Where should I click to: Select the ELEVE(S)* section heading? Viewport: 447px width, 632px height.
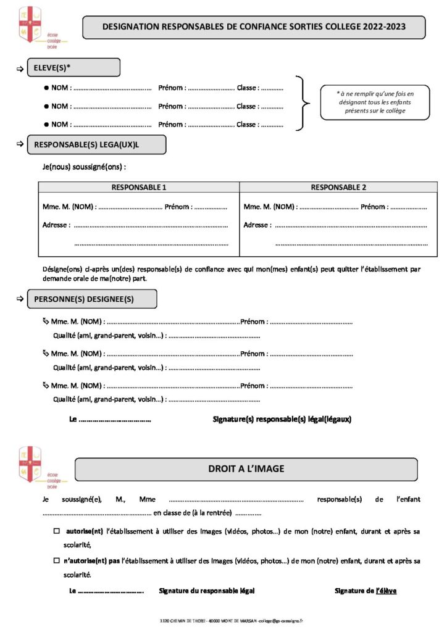click(x=73, y=67)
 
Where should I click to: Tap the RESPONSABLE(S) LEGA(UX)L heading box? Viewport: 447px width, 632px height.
click(x=96, y=144)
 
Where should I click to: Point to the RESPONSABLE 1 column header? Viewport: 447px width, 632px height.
click(x=139, y=187)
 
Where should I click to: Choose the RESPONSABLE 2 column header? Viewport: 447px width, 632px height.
click(x=338, y=187)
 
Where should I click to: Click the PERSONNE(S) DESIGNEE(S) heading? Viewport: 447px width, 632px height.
click(x=92, y=299)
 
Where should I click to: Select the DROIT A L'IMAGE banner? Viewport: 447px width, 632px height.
click(x=246, y=469)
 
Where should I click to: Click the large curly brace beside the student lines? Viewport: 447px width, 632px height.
click(x=301, y=104)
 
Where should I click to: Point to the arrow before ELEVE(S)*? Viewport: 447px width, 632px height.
click(x=19, y=68)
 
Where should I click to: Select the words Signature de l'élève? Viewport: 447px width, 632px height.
click(x=366, y=591)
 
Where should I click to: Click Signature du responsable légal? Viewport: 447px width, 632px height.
click(x=206, y=591)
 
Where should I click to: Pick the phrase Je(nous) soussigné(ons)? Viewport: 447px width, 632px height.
click(x=85, y=167)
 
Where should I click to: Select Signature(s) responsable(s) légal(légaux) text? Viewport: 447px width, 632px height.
click(x=282, y=419)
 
